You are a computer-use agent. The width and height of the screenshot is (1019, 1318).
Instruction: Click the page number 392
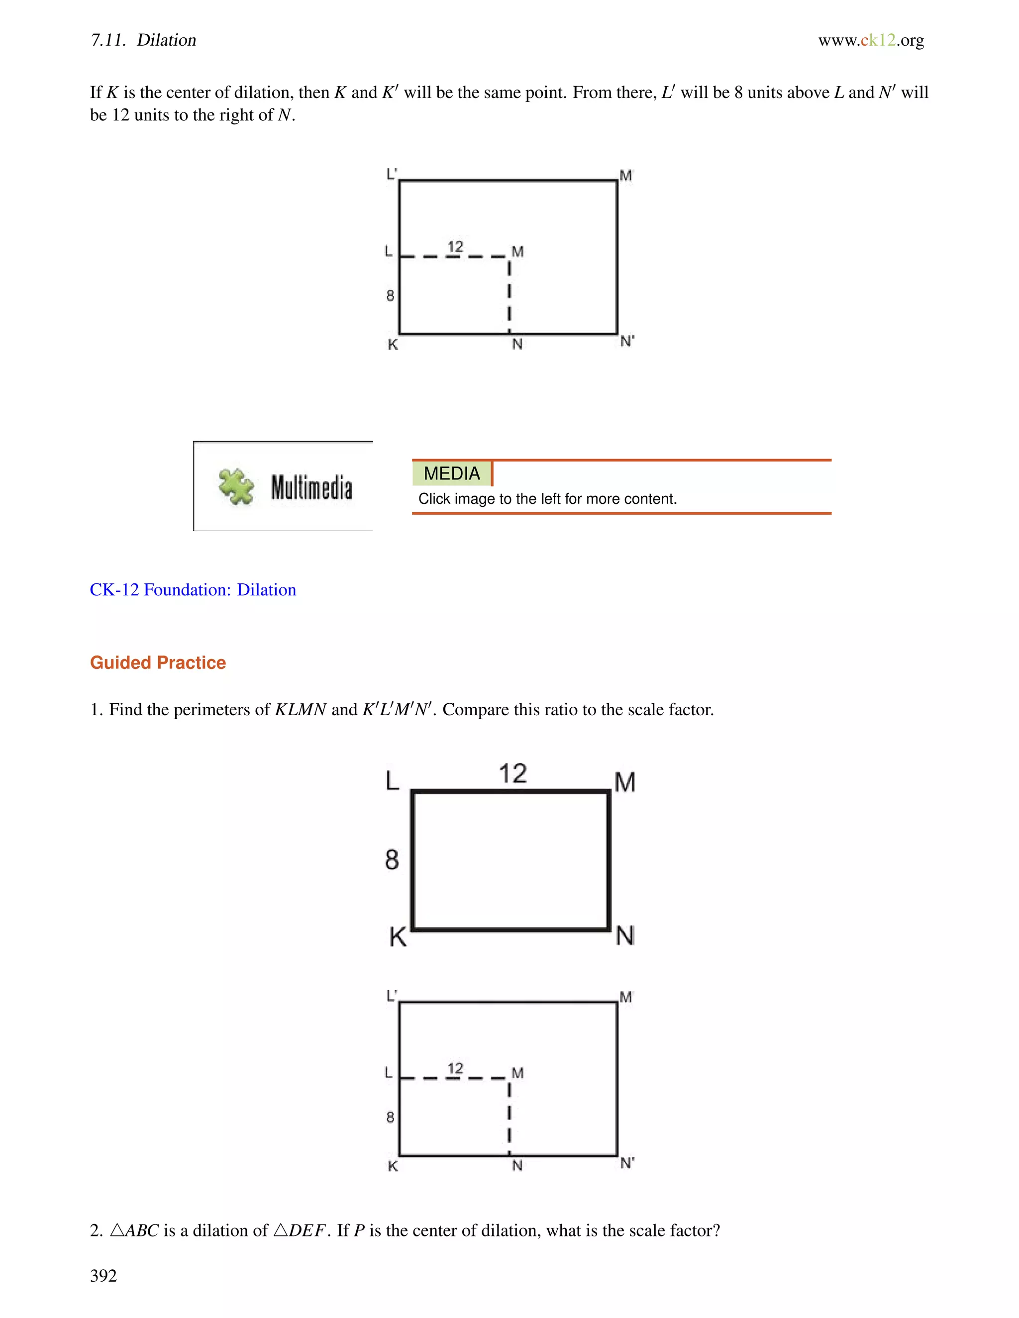click(103, 1275)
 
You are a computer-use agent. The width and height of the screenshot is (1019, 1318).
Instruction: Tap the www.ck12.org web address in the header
click(871, 40)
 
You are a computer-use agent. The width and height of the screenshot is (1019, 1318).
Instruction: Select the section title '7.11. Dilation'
click(144, 40)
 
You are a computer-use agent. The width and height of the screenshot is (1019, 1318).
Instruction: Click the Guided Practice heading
click(158, 662)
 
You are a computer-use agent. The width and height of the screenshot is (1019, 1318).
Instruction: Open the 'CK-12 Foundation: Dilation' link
click(193, 589)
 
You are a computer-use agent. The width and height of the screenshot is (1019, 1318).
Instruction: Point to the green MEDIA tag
click(452, 473)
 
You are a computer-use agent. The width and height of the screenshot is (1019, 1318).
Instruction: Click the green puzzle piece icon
click(236, 486)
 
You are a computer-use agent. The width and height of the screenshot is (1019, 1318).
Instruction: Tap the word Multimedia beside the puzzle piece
click(311, 487)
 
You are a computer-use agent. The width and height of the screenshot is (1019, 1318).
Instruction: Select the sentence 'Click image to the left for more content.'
click(547, 499)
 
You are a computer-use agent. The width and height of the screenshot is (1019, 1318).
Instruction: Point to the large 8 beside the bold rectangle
click(392, 859)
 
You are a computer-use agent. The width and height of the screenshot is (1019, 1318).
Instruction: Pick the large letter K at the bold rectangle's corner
click(398, 937)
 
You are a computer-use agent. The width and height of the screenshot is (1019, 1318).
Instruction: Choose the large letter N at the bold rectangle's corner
click(625, 936)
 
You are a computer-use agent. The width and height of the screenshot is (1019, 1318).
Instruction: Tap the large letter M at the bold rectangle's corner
click(625, 782)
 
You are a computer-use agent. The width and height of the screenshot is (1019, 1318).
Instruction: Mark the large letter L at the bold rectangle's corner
click(393, 781)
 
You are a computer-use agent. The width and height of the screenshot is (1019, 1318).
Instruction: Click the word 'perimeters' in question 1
click(221, 710)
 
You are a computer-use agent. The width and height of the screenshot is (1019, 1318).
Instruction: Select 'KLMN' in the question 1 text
click(301, 710)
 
